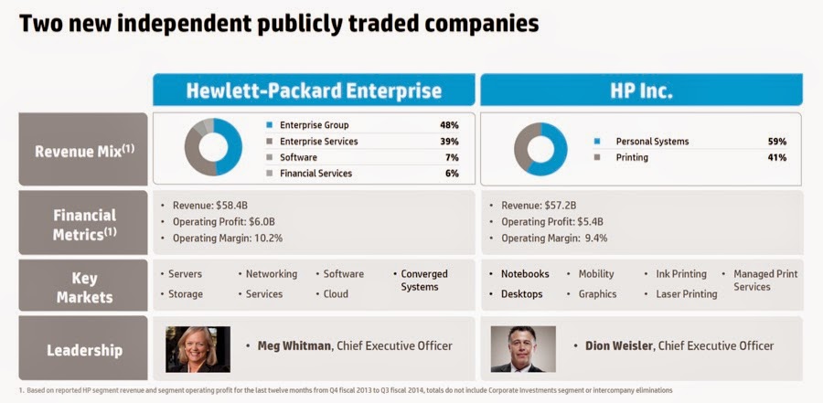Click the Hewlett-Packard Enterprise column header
[314, 90]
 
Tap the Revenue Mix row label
[83, 150]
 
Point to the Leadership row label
[83, 349]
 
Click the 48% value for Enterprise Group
[448, 125]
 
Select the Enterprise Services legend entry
[318, 142]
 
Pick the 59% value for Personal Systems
[776, 142]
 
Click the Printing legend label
[632, 157]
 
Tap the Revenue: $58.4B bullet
[220, 206]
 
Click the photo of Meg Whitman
[198, 349]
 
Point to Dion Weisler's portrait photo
[523, 349]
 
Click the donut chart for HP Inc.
[540, 149]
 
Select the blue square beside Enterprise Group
[269, 125]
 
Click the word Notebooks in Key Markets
[525, 274]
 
